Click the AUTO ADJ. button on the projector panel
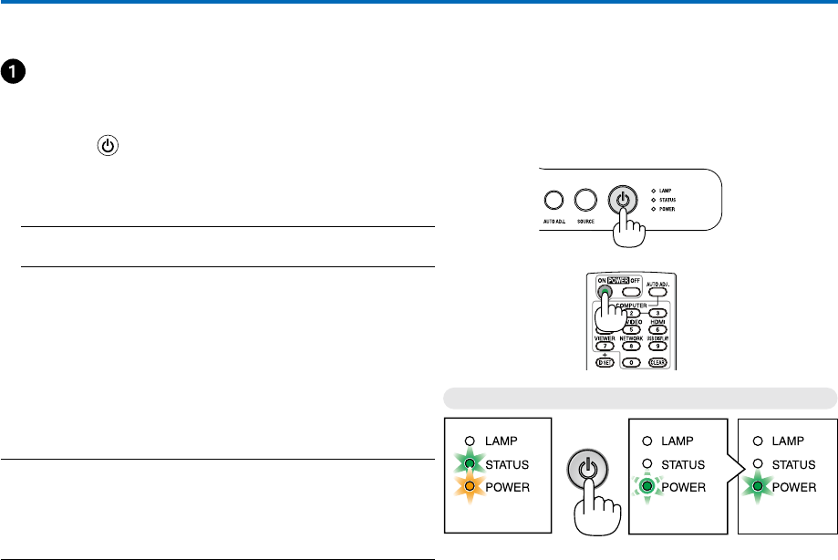[x=553, y=200]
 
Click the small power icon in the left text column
[x=108, y=145]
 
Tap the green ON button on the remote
[x=605, y=292]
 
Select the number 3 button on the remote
[x=657, y=313]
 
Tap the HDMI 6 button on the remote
[x=657, y=329]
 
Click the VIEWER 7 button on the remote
[x=604, y=347]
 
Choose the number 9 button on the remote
[x=657, y=347]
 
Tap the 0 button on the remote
[x=630, y=362]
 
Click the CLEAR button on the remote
[x=657, y=362]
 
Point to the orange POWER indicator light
[x=468, y=487]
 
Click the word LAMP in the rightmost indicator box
[x=789, y=441]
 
